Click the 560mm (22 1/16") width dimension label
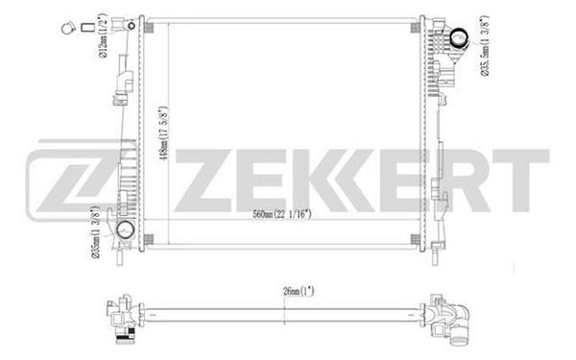[x=281, y=214]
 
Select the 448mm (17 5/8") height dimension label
[x=163, y=132]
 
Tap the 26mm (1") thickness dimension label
[x=299, y=291]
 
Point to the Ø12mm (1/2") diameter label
[x=102, y=36]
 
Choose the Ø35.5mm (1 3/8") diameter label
[x=485, y=45]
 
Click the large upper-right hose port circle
[x=459, y=38]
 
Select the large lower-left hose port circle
[x=125, y=229]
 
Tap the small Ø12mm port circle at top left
[x=132, y=26]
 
